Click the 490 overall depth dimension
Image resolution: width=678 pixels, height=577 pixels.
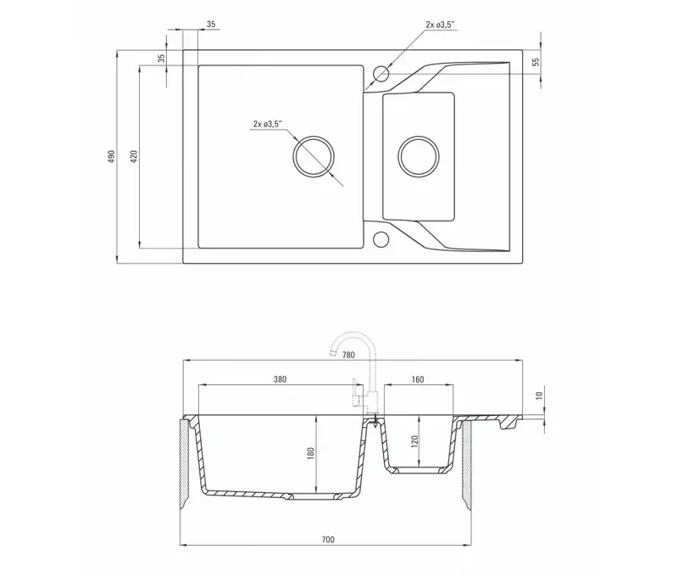[112, 156]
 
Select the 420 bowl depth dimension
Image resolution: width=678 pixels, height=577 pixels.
[134, 156]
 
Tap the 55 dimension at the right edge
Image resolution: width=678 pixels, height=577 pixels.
[536, 62]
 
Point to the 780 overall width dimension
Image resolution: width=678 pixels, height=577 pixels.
[348, 355]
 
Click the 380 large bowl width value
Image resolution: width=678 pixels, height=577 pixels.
[281, 379]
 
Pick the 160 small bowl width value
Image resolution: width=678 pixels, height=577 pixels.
[418, 379]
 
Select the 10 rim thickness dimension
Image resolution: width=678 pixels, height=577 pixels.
[539, 395]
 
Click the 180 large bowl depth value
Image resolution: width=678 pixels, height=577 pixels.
[310, 453]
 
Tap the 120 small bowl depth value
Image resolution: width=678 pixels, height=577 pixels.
[415, 441]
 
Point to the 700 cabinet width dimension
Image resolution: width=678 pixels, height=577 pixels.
[328, 540]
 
